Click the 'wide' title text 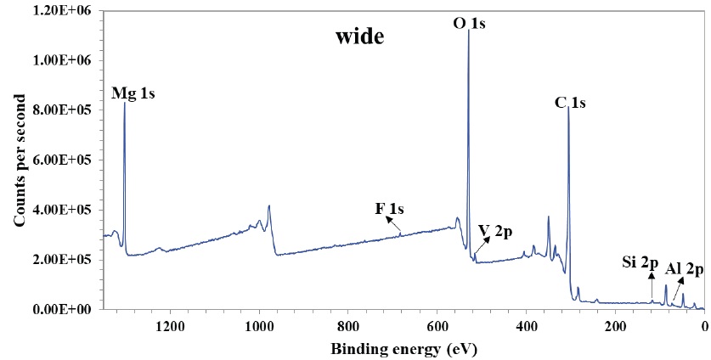pos(360,37)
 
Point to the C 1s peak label pos(570,103)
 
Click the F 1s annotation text pos(390,208)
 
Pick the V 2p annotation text pos(495,230)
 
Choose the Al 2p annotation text pos(685,269)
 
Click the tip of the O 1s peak pos(468,31)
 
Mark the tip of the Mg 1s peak pos(125,103)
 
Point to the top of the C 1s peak pos(567,108)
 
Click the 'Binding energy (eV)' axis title pos(398,348)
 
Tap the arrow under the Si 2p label pos(652,286)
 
